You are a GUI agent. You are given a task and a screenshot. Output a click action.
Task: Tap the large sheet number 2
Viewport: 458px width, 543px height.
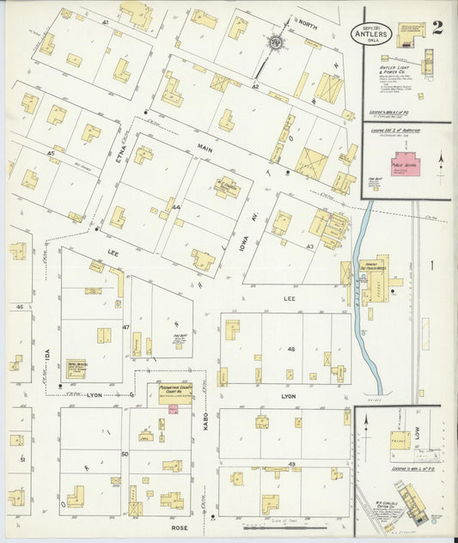pos(437,27)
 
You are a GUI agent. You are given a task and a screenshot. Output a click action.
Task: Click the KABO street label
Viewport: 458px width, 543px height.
pos(207,419)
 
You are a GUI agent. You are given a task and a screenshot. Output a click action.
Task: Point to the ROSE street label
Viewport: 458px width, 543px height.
pos(180,528)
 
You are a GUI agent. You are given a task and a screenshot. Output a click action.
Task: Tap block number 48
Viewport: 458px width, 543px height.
pos(290,349)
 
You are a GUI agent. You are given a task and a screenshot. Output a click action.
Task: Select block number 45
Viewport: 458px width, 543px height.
pos(52,154)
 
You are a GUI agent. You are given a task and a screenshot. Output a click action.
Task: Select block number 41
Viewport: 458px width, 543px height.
pos(105,21)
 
